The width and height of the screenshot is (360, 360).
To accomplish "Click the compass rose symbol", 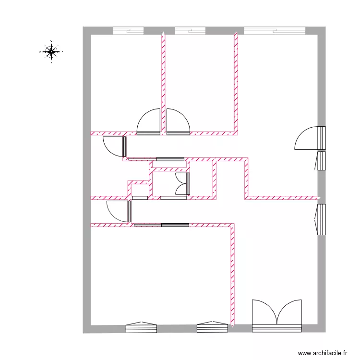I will pyautogui.click(x=51, y=51).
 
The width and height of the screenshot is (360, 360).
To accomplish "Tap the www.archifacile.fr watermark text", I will pyautogui.click(x=322, y=352).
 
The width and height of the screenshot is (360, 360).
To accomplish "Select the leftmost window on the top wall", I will pyautogui.click(x=128, y=31).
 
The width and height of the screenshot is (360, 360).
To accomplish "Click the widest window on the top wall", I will pyautogui.click(x=275, y=31).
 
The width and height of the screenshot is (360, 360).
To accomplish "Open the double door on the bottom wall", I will pyautogui.click(x=277, y=317).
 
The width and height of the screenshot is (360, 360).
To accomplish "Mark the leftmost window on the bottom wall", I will pyautogui.click(x=142, y=328).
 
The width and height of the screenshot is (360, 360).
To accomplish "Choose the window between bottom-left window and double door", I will pyautogui.click(x=212, y=328).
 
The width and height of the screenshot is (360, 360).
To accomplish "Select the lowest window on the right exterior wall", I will pyautogui.click(x=321, y=219).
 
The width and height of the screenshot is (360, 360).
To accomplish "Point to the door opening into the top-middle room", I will pyautogui.click(x=178, y=123).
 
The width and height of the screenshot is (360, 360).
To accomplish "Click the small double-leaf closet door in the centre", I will pyautogui.click(x=183, y=184).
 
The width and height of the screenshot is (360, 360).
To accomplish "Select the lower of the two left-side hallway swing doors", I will pyautogui.click(x=119, y=211).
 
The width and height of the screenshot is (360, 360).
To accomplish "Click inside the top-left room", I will pyautogui.click(x=125, y=82).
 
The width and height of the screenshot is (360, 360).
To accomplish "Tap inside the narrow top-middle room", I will pyautogui.click(x=199, y=82).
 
